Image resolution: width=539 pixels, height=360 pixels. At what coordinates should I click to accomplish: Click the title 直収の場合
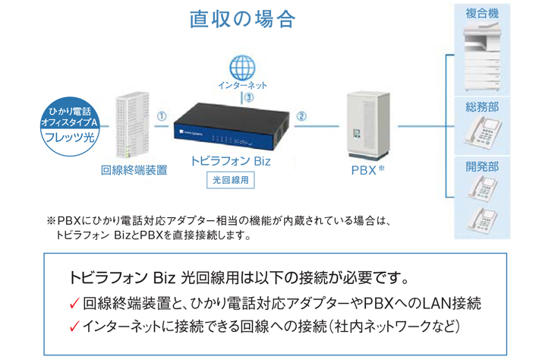click(x=242, y=19)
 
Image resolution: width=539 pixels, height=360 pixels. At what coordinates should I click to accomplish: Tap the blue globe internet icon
click(x=242, y=68)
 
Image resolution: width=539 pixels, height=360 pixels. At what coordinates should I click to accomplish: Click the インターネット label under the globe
click(x=242, y=85)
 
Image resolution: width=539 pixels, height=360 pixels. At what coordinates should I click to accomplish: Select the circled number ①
click(x=162, y=116)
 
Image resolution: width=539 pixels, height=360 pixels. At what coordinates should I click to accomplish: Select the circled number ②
click(x=301, y=116)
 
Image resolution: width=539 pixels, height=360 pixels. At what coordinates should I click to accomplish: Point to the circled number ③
click(x=249, y=98)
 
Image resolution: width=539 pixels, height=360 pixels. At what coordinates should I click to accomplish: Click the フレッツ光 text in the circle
click(x=69, y=137)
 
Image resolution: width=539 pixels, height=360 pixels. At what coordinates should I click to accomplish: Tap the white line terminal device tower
click(x=132, y=125)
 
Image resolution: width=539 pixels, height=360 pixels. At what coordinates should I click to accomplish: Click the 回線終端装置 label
click(x=134, y=170)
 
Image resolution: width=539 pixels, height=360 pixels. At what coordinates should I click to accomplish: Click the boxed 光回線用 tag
click(x=231, y=180)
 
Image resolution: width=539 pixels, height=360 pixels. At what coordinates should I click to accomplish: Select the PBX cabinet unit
click(x=368, y=125)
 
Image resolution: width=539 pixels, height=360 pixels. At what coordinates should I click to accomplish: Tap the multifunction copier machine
click(x=482, y=57)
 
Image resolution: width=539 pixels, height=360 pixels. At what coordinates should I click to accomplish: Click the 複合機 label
click(x=482, y=14)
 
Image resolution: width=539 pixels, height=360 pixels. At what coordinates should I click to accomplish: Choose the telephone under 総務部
click(x=482, y=132)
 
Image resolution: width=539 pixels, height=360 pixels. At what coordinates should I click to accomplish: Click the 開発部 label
click(x=482, y=167)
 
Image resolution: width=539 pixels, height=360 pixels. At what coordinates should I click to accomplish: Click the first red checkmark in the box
click(x=74, y=304)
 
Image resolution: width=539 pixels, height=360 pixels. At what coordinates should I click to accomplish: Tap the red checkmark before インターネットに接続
click(x=74, y=327)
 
